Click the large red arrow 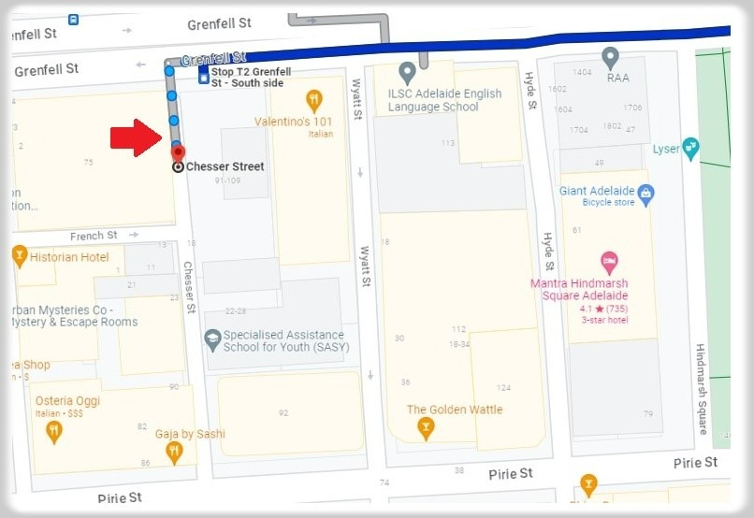pyautogui.click(x=136, y=137)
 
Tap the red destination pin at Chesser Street pyautogui.click(x=179, y=152)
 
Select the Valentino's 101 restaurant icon pyautogui.click(x=314, y=99)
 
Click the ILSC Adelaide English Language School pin pyautogui.click(x=407, y=72)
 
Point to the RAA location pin pyautogui.click(x=611, y=58)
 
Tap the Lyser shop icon pyautogui.click(x=690, y=148)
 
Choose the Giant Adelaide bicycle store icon pyautogui.click(x=645, y=194)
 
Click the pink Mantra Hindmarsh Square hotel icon pyautogui.click(x=609, y=263)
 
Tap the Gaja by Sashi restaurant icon pyautogui.click(x=173, y=453)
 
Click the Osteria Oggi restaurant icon pyautogui.click(x=54, y=431)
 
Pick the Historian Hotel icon pyautogui.click(x=20, y=256)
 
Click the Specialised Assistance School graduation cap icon pyautogui.click(x=212, y=338)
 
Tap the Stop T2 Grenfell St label pyautogui.click(x=250, y=77)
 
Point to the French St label pyautogui.click(x=94, y=236)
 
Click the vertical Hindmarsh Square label pyautogui.click(x=702, y=388)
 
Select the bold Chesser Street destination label pyautogui.click(x=225, y=166)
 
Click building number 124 pyautogui.click(x=504, y=387)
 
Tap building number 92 pyautogui.click(x=283, y=412)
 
